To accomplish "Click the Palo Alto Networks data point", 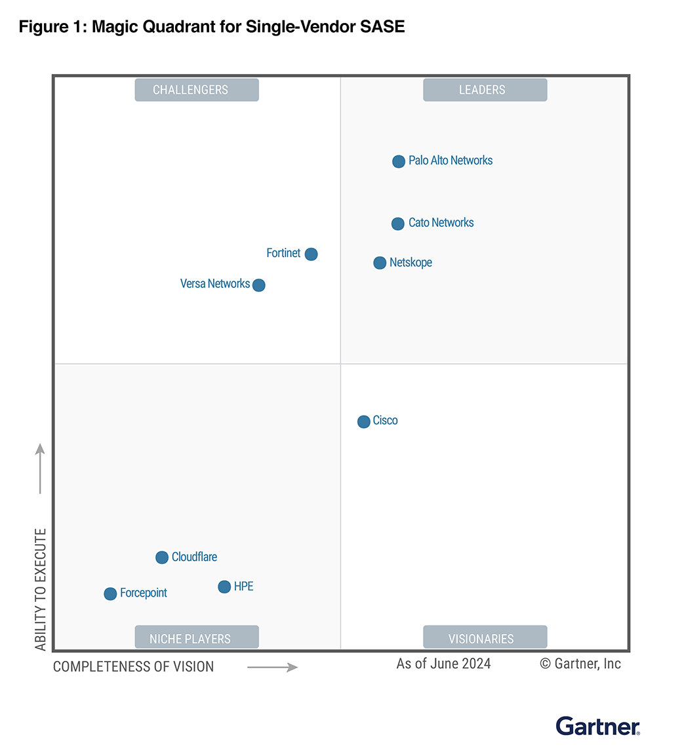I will click(399, 161).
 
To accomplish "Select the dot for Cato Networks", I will click(398, 224).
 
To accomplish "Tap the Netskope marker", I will click(380, 263).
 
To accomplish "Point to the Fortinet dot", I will click(311, 254).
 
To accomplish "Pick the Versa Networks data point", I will click(259, 285).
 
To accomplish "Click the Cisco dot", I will click(364, 422).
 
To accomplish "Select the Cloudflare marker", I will click(162, 557).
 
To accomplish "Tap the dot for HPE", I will click(224, 587).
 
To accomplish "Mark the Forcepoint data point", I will click(110, 594).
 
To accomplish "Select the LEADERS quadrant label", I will click(485, 90).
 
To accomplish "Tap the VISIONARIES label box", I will click(485, 638).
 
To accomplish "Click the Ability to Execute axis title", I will click(41, 589).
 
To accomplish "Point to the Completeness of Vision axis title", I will click(134, 667).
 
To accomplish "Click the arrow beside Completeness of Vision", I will click(272, 667).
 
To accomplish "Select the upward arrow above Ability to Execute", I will click(40, 468).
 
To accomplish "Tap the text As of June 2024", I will click(443, 664).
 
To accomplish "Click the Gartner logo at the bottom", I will click(597, 726).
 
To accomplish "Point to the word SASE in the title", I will click(384, 27).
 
